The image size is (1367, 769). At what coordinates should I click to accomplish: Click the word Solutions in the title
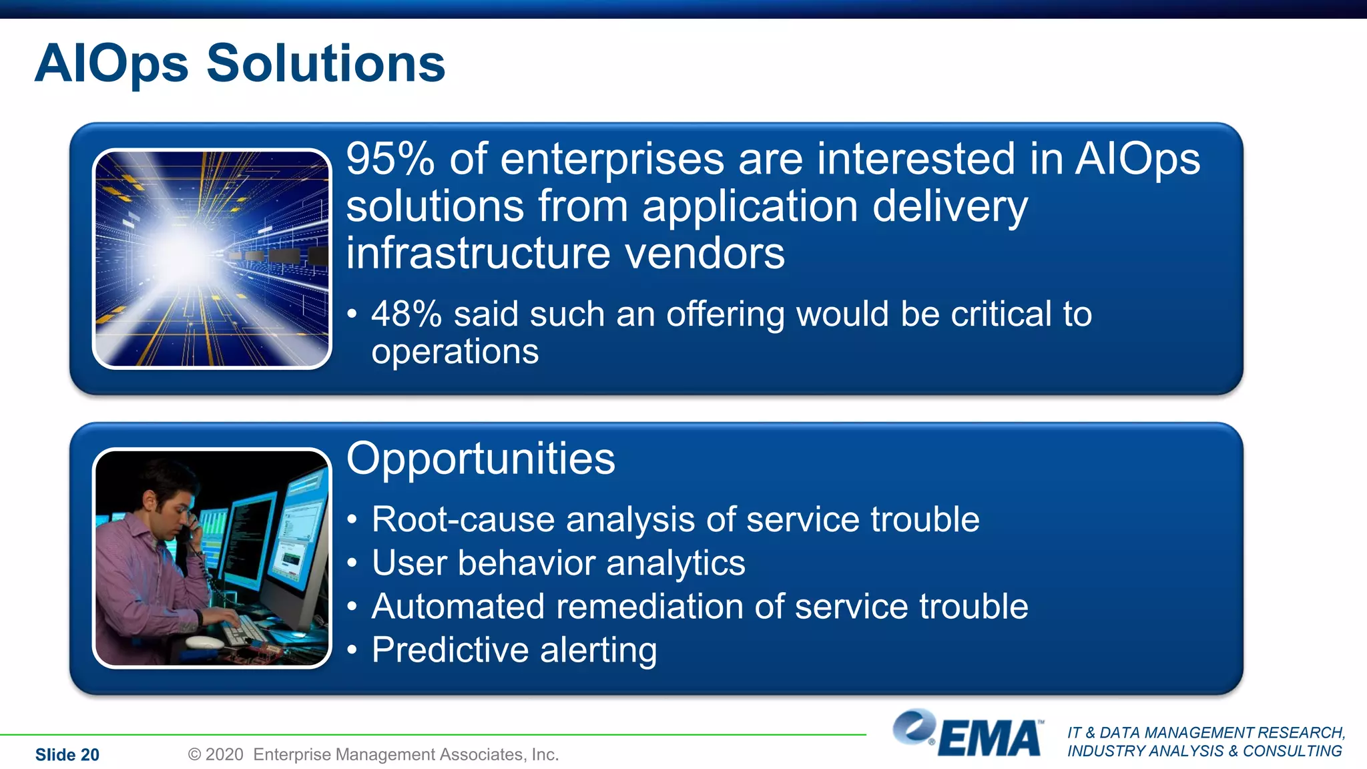click(x=326, y=63)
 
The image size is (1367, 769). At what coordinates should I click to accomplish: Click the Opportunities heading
click(x=481, y=459)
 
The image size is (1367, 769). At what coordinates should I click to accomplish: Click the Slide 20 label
click(x=67, y=755)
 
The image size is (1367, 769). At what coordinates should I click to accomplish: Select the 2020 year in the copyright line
click(x=224, y=754)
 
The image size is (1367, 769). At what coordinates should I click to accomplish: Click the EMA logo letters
click(x=990, y=739)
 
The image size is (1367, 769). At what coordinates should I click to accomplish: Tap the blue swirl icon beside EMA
click(x=913, y=726)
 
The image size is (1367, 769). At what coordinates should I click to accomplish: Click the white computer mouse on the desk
click(x=204, y=642)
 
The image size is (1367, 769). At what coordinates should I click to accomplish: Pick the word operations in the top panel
click(x=455, y=352)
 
